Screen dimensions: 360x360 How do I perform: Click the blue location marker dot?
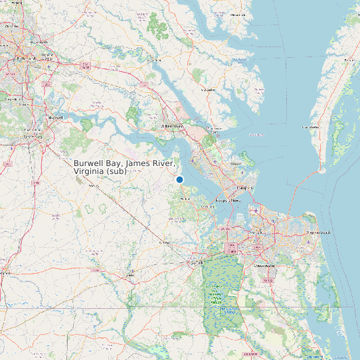(x=179, y=179)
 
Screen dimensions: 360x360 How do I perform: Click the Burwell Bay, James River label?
(x=124, y=167)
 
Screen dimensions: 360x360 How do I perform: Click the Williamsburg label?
(x=173, y=125)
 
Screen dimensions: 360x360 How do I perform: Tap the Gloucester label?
(x=209, y=90)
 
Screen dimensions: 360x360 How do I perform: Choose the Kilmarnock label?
(x=237, y=14)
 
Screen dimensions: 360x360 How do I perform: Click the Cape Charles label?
(x=310, y=126)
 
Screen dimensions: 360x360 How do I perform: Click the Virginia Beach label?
(x=317, y=233)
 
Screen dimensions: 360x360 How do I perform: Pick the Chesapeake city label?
(x=264, y=265)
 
